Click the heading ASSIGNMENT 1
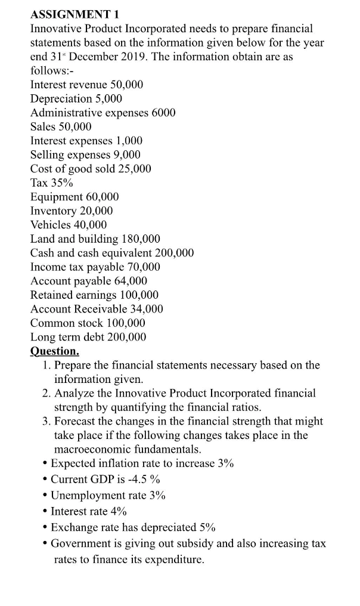click(73, 14)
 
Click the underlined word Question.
click(54, 351)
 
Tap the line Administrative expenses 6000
click(103, 112)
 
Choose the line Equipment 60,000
click(75, 197)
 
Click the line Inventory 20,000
click(72, 211)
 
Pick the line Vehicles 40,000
click(69, 225)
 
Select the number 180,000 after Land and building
click(141, 239)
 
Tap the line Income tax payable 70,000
click(95, 267)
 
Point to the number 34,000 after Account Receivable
click(143, 309)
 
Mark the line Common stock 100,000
click(88, 323)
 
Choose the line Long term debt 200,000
click(88, 337)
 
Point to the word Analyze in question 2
click(74, 393)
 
